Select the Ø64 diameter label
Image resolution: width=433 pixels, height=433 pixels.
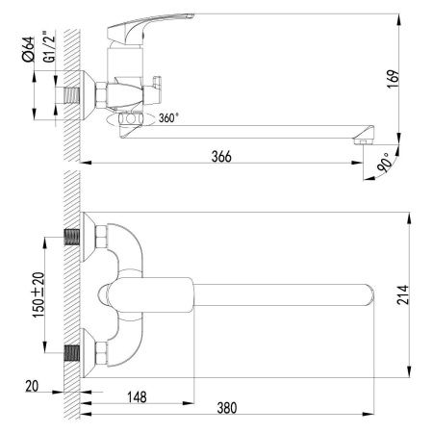point(29,49)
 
